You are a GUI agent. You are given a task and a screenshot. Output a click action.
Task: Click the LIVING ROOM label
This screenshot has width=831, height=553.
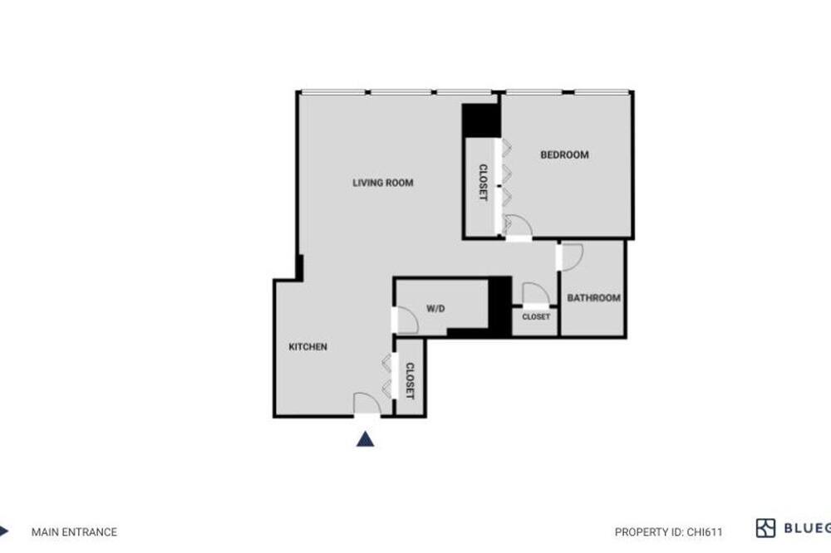click(x=382, y=183)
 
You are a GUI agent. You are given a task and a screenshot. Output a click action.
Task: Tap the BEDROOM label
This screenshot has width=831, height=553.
click(x=564, y=154)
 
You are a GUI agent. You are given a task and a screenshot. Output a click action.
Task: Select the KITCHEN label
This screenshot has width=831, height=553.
click(x=308, y=347)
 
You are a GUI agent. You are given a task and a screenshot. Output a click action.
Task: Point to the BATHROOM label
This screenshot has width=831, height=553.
click(x=593, y=298)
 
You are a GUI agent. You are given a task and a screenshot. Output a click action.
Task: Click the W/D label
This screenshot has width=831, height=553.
click(x=435, y=308)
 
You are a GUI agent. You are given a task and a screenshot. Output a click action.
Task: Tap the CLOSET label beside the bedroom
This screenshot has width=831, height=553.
click(x=483, y=182)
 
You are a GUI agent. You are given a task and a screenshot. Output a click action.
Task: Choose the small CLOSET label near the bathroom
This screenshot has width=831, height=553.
click(x=536, y=316)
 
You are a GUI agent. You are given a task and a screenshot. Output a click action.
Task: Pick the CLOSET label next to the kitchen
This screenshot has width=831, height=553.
click(x=410, y=381)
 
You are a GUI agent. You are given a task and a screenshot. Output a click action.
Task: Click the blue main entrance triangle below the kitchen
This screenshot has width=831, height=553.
click(x=365, y=439)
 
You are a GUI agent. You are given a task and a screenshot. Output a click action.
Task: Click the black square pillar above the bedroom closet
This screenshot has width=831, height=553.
click(x=480, y=120)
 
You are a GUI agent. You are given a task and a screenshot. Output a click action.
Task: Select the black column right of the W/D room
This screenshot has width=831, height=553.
click(x=499, y=306)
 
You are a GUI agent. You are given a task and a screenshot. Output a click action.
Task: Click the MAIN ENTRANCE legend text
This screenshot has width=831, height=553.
click(x=74, y=531)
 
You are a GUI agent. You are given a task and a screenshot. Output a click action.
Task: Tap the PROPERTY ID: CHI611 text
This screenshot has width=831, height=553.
click(x=668, y=531)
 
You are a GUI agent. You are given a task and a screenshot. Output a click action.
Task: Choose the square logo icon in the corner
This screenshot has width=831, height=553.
click(x=765, y=528)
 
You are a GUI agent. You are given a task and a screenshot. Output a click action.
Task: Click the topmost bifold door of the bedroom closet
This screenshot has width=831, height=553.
click(x=507, y=147)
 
